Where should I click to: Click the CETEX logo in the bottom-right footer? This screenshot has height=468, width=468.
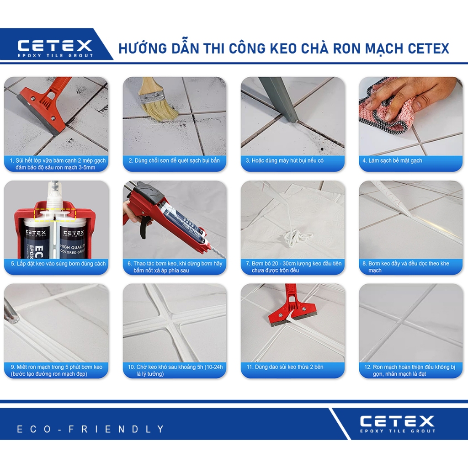pyautogui.click(x=397, y=423)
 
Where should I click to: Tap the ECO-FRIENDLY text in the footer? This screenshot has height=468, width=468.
pyautogui.click(x=90, y=429)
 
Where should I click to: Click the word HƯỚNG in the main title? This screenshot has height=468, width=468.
pyautogui.click(x=141, y=48)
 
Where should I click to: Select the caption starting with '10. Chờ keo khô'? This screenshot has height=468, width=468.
pyautogui.click(x=175, y=370)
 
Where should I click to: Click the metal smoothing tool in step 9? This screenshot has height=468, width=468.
pyautogui.click(x=10, y=311)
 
